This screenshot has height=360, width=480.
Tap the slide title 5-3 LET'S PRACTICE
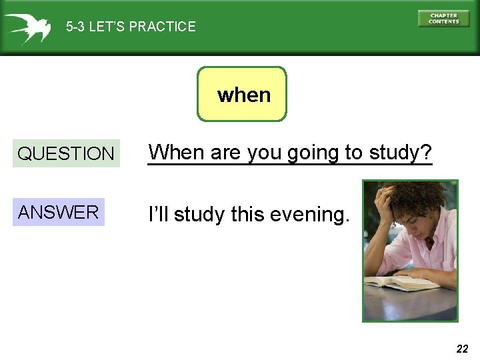tap(131, 27)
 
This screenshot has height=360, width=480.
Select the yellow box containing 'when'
tap(242, 94)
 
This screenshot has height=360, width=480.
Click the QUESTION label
tap(65, 153)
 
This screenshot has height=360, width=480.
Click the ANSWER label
tap(58, 213)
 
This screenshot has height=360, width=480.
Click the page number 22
tap(463, 348)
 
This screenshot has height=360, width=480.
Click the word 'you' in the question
tap(265, 153)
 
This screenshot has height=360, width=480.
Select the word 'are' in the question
tap(225, 153)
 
